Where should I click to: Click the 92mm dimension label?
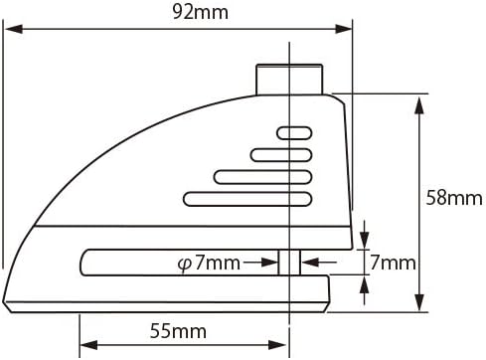(x=201, y=12)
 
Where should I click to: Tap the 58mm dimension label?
(x=454, y=198)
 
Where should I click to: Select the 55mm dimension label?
(x=178, y=331)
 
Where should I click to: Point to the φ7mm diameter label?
(x=209, y=263)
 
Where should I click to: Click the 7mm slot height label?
(x=393, y=263)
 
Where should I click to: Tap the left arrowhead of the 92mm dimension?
(x=14, y=29)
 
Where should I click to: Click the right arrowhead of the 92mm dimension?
(x=344, y=29)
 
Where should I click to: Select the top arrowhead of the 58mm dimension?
(x=419, y=106)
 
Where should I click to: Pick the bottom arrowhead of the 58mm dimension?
(x=419, y=301)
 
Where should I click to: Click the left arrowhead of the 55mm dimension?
(x=88, y=345)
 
